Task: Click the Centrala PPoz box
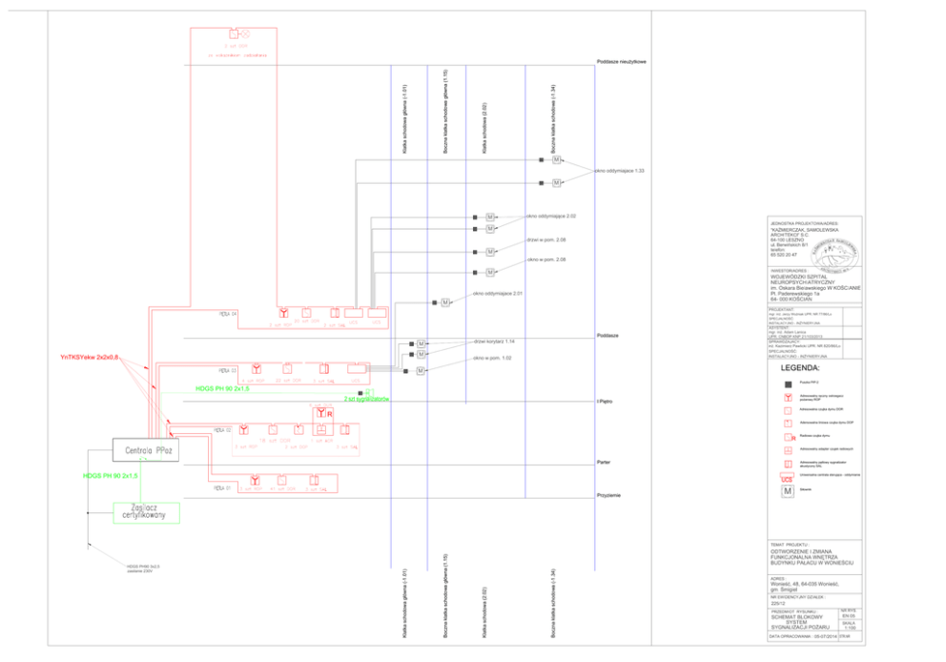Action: tap(145, 449)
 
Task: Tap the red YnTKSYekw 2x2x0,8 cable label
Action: tap(89, 358)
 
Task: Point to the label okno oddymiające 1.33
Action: tap(620, 171)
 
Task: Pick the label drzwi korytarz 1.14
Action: tap(494, 341)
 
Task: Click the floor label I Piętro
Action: tap(604, 403)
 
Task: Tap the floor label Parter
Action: tap(603, 462)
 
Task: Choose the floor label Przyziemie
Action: tap(608, 494)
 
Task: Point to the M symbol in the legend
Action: tap(788, 490)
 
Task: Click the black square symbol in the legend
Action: tap(788, 382)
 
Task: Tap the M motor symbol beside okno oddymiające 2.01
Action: tap(444, 302)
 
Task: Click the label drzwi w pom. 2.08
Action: tap(546, 239)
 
